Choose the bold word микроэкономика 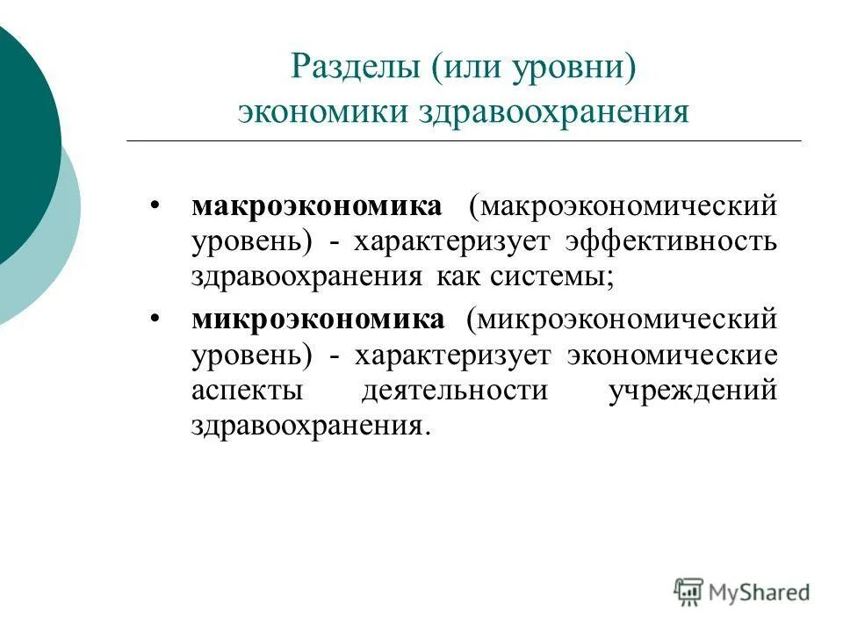pyautogui.click(x=318, y=320)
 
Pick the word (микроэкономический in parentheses pyautogui.click(x=622, y=320)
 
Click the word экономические pyautogui.click(x=672, y=355)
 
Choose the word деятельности pyautogui.click(x=454, y=390)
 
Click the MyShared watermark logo pyautogui.click(x=742, y=592)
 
